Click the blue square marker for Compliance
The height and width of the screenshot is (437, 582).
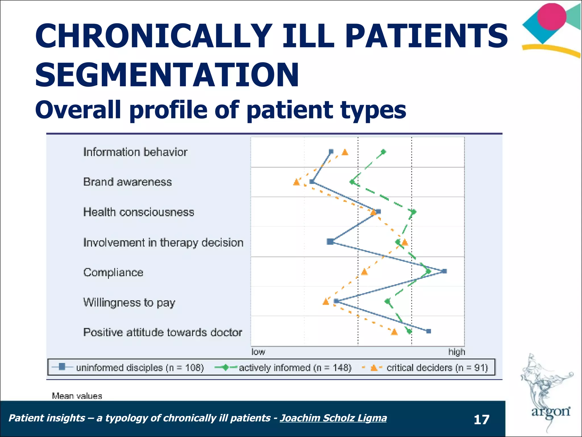(445, 271)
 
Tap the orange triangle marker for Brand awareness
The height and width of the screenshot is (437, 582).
(296, 182)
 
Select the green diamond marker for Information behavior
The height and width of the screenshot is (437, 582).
(383, 152)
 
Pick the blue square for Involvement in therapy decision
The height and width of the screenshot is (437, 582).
(330, 242)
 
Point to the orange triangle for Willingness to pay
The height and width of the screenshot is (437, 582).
(326, 302)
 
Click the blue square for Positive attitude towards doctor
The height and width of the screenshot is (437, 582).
(429, 331)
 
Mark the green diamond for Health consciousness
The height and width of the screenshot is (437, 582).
(414, 212)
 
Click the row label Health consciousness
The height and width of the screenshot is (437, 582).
(139, 212)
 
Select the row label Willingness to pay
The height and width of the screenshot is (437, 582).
(129, 302)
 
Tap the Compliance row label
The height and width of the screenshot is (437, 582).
(113, 273)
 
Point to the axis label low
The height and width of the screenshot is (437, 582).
(258, 352)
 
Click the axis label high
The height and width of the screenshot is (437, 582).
(457, 352)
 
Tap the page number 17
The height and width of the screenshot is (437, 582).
(481, 420)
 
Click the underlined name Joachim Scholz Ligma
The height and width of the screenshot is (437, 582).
(333, 418)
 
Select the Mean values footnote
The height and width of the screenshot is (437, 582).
(77, 396)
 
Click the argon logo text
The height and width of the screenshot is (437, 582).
(551, 411)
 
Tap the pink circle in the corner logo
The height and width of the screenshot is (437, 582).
(552, 17)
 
